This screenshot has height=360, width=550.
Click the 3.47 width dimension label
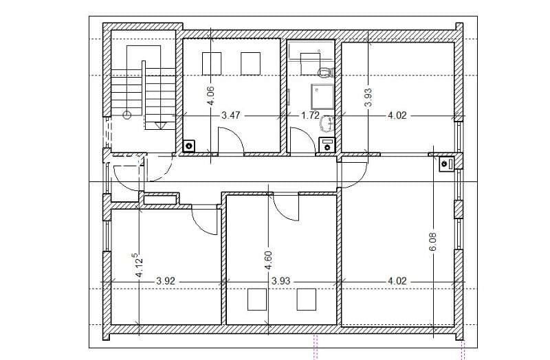[230, 115]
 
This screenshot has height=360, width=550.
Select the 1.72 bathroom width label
[310, 115]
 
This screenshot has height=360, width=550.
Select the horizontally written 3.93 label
[282, 281]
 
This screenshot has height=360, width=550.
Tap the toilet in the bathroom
[324, 72]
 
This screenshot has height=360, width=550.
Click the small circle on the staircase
[127, 116]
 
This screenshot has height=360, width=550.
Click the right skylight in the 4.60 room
[307, 300]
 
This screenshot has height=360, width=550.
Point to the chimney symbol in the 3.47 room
[189, 145]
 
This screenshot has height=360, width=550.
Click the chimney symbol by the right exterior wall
[445, 164]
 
